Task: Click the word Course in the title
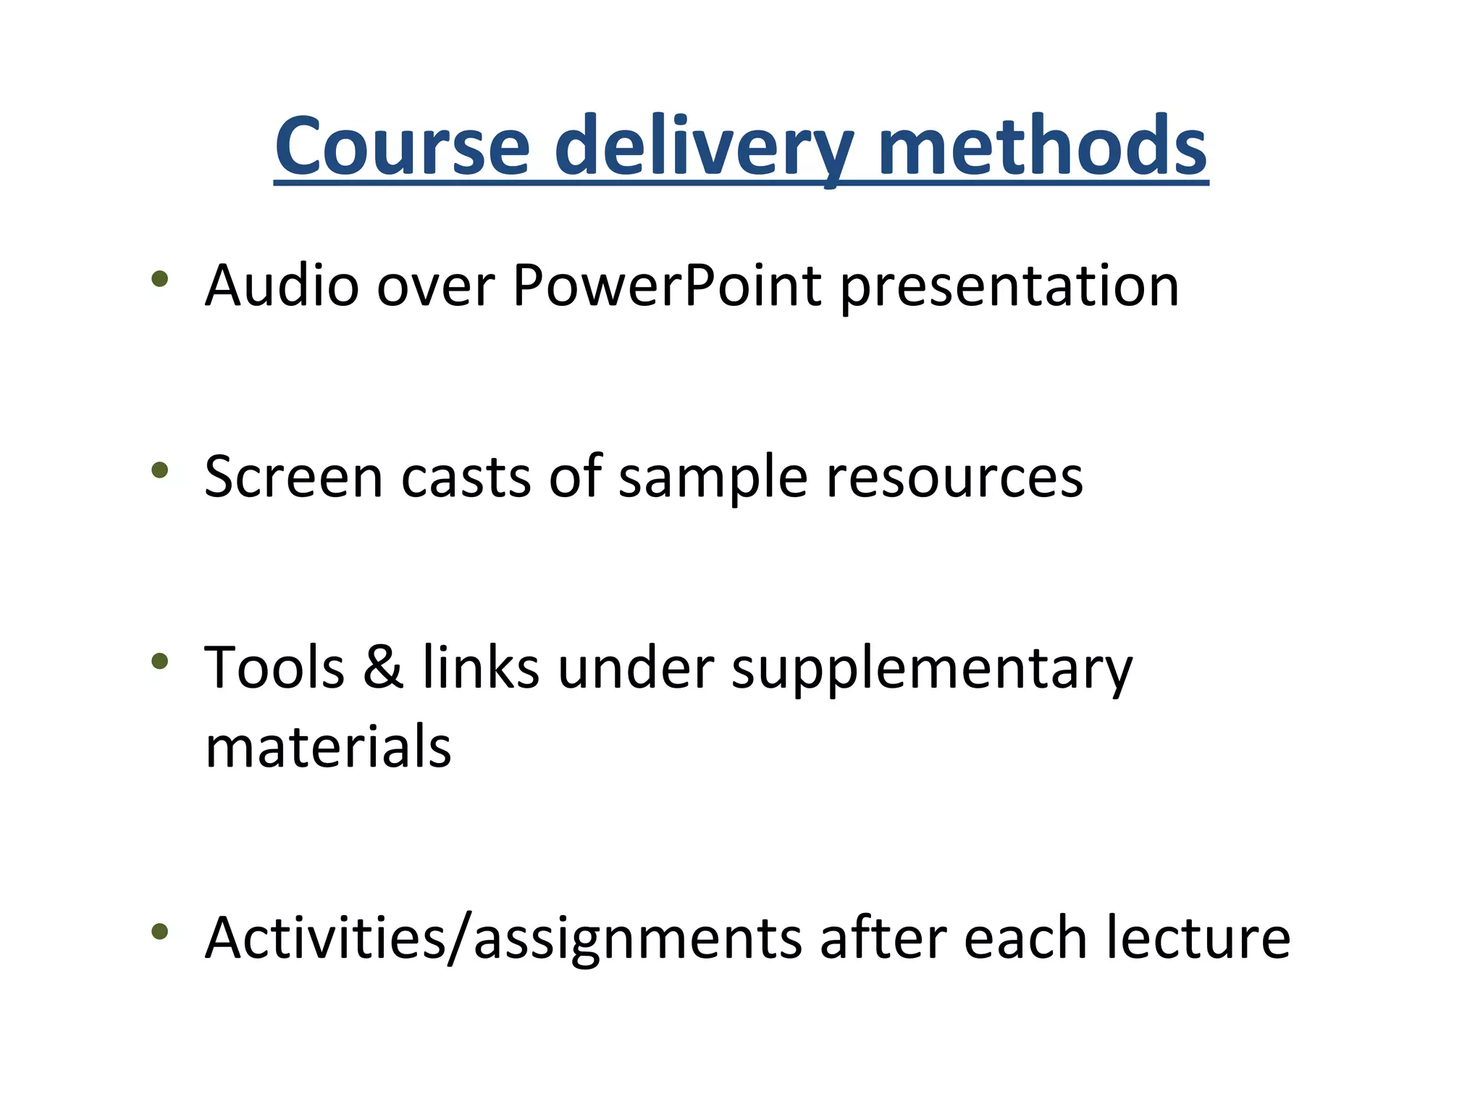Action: pos(402,146)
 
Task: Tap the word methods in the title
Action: pos(1042,146)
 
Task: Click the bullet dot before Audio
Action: pos(160,279)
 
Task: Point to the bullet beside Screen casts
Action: pos(160,470)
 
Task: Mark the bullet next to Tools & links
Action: pos(160,661)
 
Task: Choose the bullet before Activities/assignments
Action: pos(160,932)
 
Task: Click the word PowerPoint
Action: pos(666,285)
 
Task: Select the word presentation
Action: pos(1009,287)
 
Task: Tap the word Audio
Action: pos(282,285)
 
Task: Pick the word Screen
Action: pos(293,477)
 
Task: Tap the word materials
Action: pos(328,747)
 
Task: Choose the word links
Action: pos(481,667)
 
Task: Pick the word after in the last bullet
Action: pos(883,938)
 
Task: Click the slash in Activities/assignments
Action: pos(459,938)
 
